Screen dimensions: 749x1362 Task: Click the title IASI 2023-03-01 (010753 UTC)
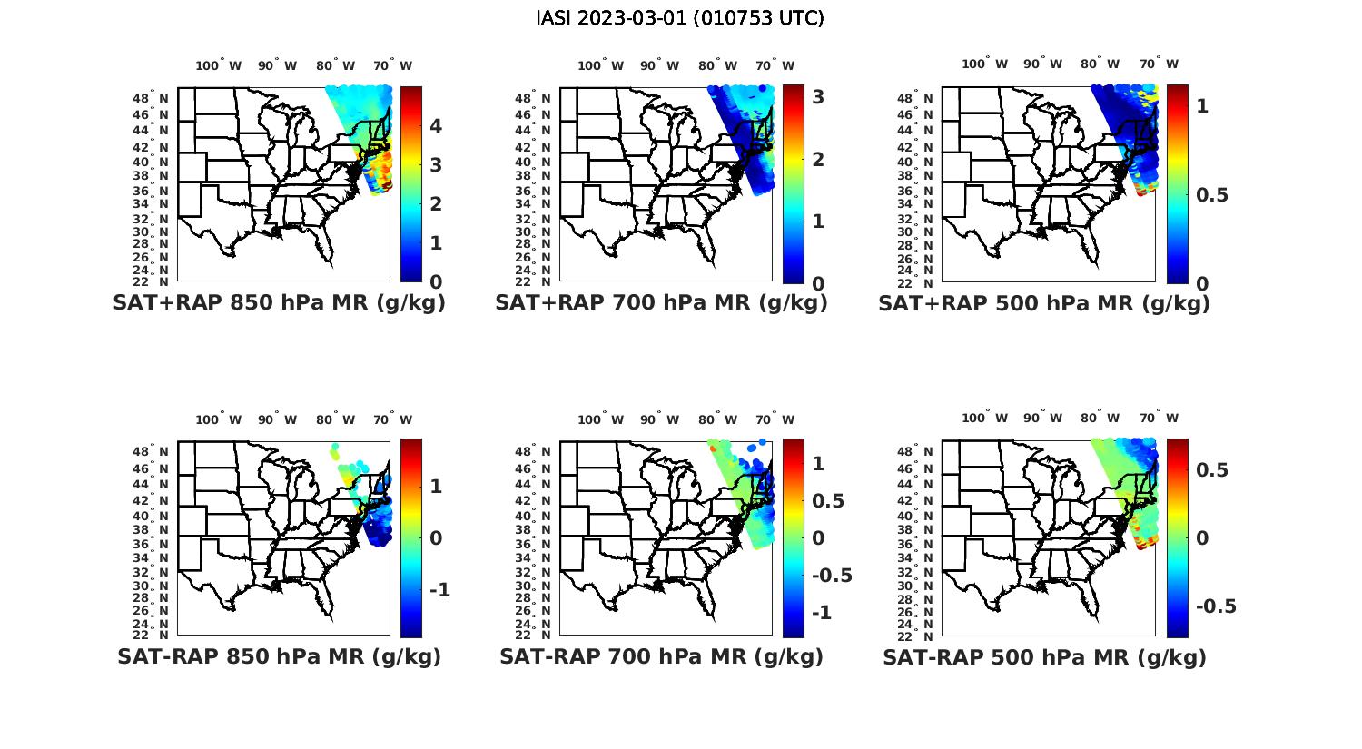point(680,18)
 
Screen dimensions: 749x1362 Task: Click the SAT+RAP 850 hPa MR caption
point(279,303)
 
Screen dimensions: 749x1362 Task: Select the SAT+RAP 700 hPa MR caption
point(661,303)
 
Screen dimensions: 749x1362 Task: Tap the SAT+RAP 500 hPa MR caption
point(1043,303)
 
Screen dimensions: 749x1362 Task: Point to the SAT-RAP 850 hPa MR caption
point(279,656)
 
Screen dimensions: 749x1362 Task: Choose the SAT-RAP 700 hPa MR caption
point(661,656)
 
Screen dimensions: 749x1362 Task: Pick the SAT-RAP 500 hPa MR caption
point(1044,656)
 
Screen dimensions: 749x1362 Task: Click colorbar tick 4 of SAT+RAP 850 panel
point(436,125)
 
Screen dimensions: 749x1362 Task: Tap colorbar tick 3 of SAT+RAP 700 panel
point(818,96)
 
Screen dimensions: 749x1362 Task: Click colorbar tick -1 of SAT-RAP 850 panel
point(439,590)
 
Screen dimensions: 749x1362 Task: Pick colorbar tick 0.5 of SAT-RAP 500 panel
point(1211,469)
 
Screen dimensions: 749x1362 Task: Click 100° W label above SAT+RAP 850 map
point(219,65)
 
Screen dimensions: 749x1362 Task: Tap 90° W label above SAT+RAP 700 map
point(659,65)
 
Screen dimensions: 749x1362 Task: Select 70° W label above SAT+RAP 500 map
point(1159,64)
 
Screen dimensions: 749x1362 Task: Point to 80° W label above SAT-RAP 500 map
point(1100,419)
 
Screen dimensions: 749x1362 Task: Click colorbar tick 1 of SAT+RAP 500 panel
point(1203,105)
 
